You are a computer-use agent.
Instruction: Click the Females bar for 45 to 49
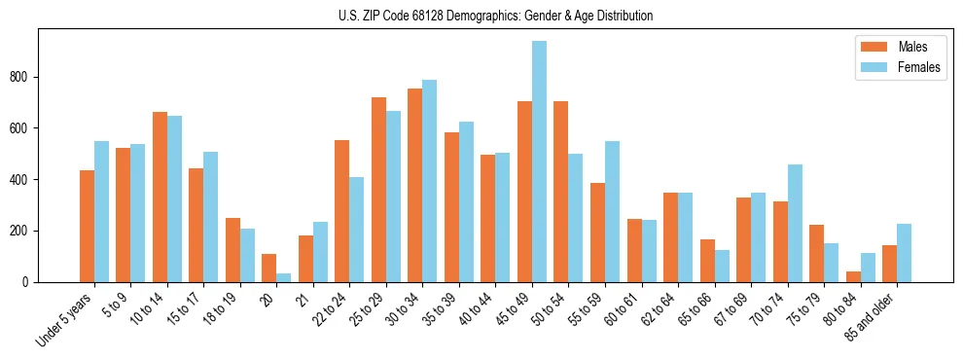pyautogui.click(x=539, y=162)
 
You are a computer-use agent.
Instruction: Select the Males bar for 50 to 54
pyautogui.click(x=560, y=192)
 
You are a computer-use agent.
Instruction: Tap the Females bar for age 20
pyautogui.click(x=283, y=277)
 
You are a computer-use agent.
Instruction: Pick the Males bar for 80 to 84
pyautogui.click(x=853, y=276)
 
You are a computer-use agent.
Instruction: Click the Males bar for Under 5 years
pyautogui.click(x=87, y=226)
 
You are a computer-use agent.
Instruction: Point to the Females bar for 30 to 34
pyautogui.click(x=429, y=181)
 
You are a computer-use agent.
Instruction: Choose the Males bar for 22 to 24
pyautogui.click(x=341, y=211)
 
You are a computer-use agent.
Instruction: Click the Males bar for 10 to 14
pyautogui.click(x=160, y=197)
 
